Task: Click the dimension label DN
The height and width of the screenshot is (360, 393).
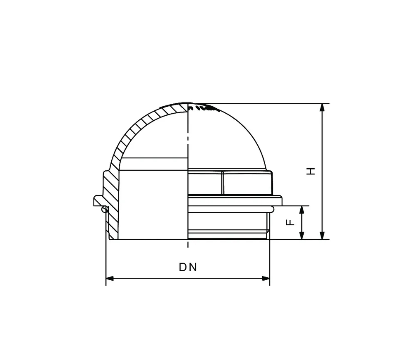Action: pos(188,267)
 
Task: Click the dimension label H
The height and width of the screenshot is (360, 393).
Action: pos(311,171)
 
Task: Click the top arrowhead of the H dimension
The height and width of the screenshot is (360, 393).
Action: pos(322,107)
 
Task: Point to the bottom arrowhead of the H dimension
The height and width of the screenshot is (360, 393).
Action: pos(322,235)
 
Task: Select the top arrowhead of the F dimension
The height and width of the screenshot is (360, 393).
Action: pos(302,210)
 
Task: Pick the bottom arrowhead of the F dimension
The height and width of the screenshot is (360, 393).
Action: pos(302,235)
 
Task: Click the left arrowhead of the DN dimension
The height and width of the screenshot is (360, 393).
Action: pos(110,279)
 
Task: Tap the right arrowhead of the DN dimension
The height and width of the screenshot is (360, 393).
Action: pos(266,279)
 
